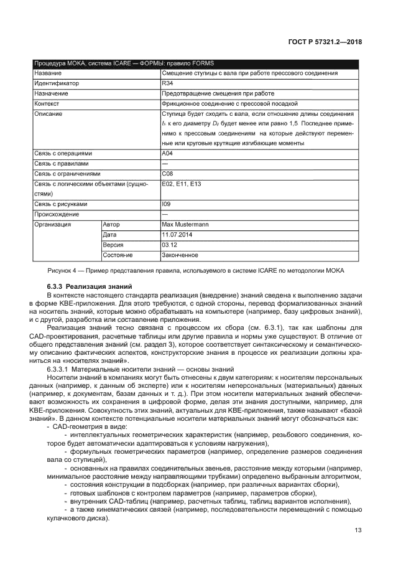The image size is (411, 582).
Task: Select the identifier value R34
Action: (x=167, y=83)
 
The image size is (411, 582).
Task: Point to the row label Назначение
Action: (x=52, y=93)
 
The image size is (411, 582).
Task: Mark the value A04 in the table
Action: (x=167, y=153)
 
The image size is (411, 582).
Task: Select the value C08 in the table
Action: (x=167, y=174)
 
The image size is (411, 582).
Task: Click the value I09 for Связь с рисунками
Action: (x=165, y=204)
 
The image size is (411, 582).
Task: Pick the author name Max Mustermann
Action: (x=185, y=224)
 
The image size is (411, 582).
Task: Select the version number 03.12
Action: (x=169, y=245)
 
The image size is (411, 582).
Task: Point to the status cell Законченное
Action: (x=180, y=255)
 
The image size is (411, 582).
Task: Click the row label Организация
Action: (x=52, y=224)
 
